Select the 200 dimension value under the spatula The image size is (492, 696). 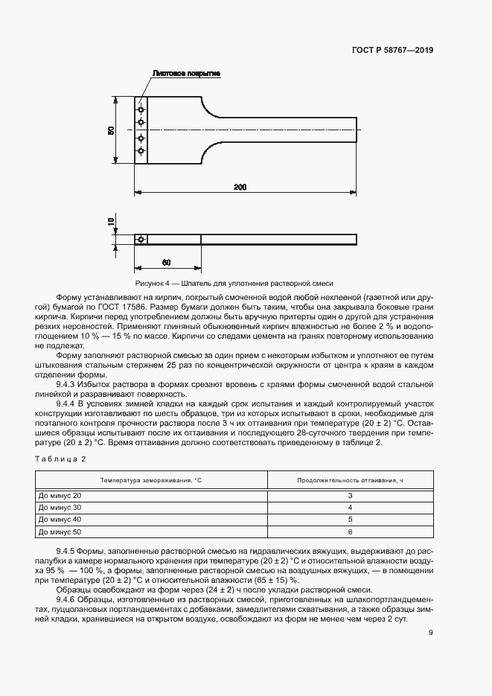[x=240, y=187]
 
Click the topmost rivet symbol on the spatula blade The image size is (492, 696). [x=141, y=111]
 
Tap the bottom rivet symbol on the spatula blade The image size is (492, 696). [x=141, y=151]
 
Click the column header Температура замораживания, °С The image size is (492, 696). [x=150, y=481]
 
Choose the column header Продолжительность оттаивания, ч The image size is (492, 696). [x=349, y=481]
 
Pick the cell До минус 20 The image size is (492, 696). [x=60, y=496]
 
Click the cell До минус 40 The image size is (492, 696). [x=60, y=520]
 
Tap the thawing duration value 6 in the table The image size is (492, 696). [x=349, y=532]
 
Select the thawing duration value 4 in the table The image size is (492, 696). [x=349, y=508]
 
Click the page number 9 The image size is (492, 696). [x=430, y=633]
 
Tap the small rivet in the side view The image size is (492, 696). [x=141, y=239]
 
